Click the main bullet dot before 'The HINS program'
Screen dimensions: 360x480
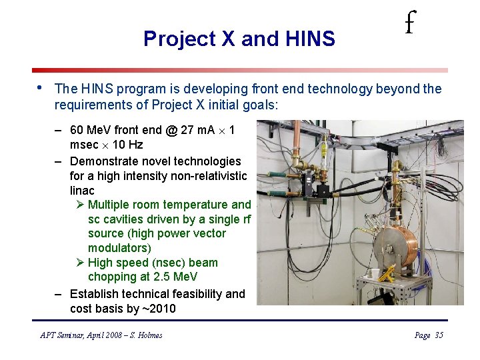[40, 87]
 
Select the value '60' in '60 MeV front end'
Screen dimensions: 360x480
[77, 130]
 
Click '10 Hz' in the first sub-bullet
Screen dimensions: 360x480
[128, 145]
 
